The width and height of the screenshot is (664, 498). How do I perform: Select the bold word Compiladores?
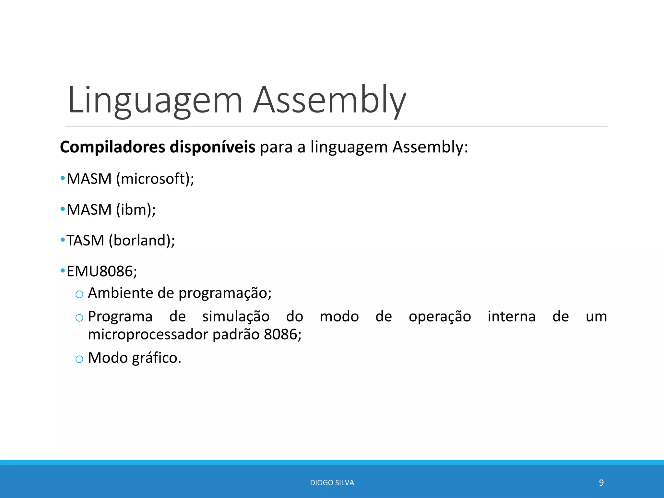pyautogui.click(x=113, y=147)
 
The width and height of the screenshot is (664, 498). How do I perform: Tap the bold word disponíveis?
pyautogui.click(x=212, y=147)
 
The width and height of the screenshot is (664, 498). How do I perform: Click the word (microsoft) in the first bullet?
pyautogui.click(x=155, y=179)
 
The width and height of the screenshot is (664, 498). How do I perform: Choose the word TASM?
pyautogui.click(x=85, y=241)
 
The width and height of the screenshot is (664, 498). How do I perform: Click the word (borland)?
pyautogui.click(x=142, y=241)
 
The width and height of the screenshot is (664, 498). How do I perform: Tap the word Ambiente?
pyautogui.click(x=121, y=293)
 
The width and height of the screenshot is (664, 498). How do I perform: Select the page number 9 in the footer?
pyautogui.click(x=601, y=483)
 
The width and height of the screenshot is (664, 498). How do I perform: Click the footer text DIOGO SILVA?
pyautogui.click(x=332, y=483)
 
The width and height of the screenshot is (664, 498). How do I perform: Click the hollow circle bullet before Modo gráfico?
pyautogui.click(x=79, y=359)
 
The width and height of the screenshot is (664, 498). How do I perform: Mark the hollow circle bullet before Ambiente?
pyautogui.click(x=79, y=294)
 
